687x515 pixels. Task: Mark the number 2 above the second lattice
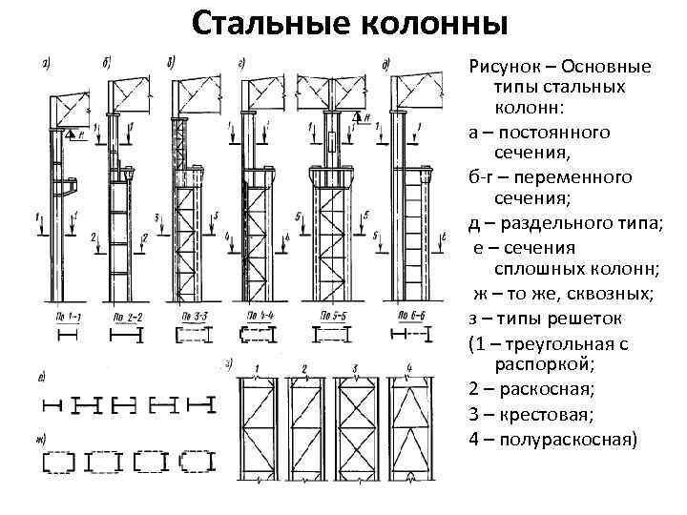click(x=303, y=368)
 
